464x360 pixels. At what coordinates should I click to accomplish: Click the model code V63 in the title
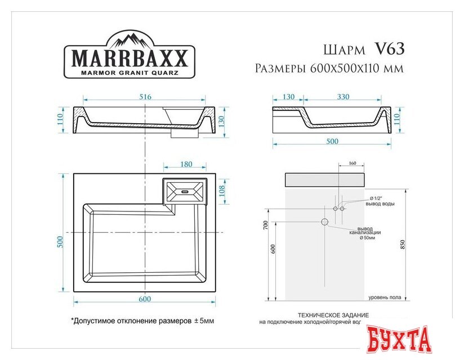pyautogui.click(x=389, y=49)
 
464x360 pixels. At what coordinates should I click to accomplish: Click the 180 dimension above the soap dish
pyautogui.click(x=186, y=164)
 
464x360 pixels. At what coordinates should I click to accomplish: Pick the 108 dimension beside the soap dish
pyautogui.click(x=223, y=191)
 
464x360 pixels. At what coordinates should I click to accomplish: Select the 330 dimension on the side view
pyautogui.click(x=343, y=97)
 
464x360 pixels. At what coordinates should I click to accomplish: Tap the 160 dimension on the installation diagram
pyautogui.click(x=353, y=164)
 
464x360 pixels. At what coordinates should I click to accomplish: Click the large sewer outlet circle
pyautogui.click(x=325, y=222)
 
